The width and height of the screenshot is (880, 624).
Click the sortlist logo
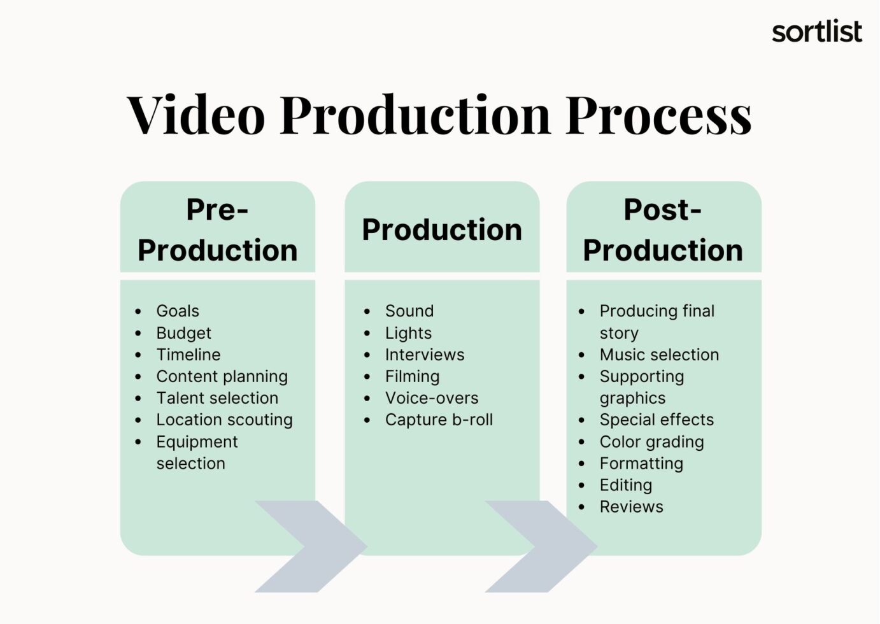[817, 31]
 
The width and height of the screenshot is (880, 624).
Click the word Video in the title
[196, 115]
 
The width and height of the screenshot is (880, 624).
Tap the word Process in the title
[658, 115]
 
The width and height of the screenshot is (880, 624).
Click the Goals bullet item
[178, 311]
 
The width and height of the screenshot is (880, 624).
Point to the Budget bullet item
[183, 333]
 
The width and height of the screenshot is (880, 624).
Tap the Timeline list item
[188, 355]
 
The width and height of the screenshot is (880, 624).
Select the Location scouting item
[224, 420]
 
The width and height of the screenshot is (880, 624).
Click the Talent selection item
[217, 398]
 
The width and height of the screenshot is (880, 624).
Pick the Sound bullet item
[409, 311]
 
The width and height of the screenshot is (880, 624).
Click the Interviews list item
[425, 355]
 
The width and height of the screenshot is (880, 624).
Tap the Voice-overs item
[432, 398]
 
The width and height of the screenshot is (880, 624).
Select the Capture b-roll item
[439, 420]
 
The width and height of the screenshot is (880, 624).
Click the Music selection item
[659, 355]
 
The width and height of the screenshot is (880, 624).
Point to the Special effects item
[656, 420]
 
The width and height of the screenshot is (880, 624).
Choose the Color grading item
[652, 442]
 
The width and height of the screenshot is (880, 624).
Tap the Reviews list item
[631, 506]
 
